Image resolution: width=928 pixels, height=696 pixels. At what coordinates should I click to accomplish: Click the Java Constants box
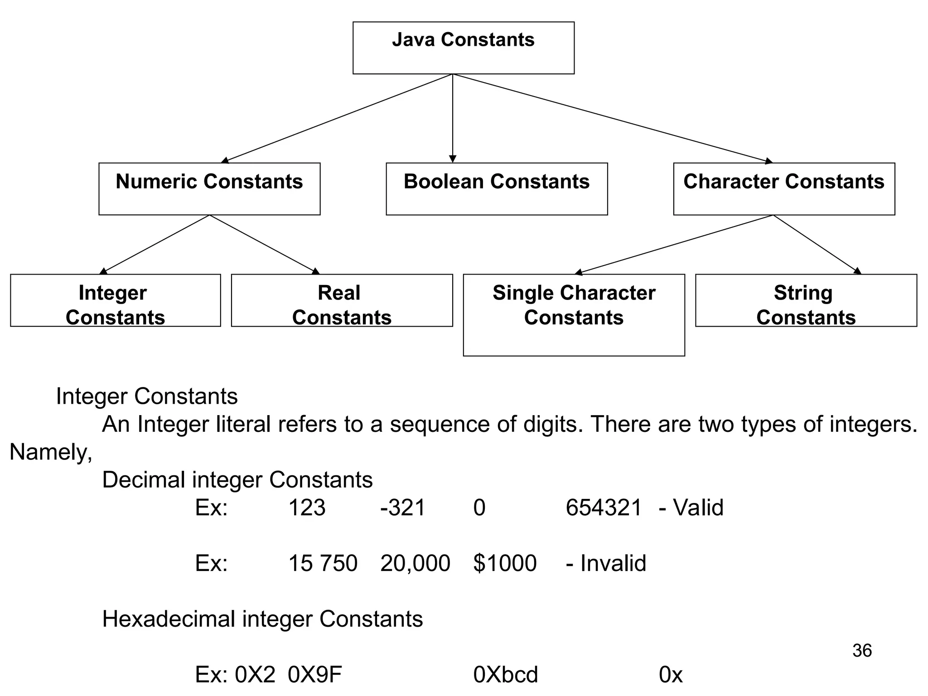(463, 48)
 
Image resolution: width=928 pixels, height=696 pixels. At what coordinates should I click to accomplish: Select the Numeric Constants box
(209, 189)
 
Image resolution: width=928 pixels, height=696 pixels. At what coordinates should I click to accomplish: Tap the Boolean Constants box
(497, 189)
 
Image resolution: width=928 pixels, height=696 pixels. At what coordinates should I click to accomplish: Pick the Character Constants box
(784, 189)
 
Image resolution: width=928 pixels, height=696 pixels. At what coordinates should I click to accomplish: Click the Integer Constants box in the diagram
(115, 300)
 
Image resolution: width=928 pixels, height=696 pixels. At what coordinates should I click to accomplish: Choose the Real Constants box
(342, 300)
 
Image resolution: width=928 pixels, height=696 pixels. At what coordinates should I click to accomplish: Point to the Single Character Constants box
(574, 315)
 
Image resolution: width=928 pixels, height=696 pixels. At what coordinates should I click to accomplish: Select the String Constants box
(806, 300)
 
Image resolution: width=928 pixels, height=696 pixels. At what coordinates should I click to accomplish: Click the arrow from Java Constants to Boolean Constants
(452, 118)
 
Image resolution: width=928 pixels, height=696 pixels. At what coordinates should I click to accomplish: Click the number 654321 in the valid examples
(604, 507)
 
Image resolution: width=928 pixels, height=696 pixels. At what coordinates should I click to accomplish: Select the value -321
(403, 507)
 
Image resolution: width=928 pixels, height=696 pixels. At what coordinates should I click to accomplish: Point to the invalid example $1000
(505, 563)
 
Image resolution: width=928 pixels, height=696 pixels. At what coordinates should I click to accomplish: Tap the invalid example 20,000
(415, 563)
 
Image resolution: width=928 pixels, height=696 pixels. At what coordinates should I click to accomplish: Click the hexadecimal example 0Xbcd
(506, 675)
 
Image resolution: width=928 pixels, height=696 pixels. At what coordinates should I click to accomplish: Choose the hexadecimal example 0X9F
(315, 675)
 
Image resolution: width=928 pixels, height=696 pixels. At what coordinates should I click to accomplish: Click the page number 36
(862, 651)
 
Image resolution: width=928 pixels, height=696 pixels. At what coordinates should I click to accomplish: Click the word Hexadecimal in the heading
(169, 619)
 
